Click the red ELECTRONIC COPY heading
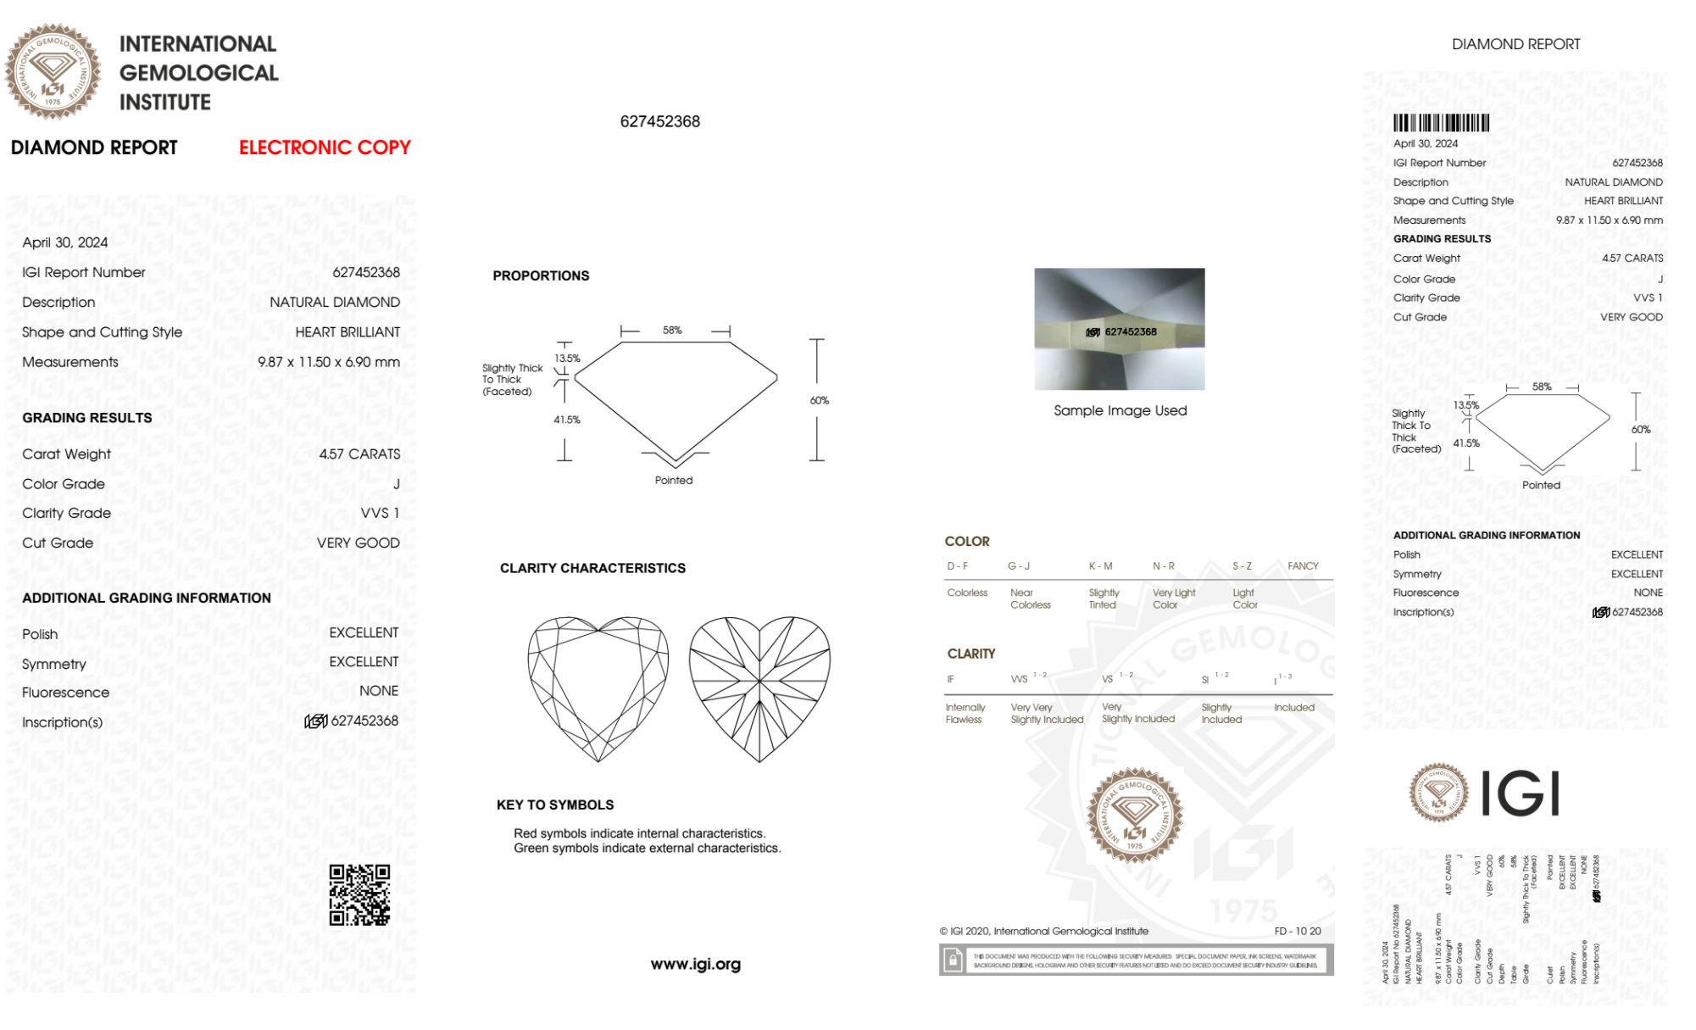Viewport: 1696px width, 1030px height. click(325, 148)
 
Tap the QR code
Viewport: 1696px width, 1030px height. click(359, 895)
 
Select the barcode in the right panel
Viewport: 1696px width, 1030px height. click(1441, 123)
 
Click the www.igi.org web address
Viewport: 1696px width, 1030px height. click(695, 964)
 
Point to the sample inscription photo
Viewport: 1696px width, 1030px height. click(1119, 329)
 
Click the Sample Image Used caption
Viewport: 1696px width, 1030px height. click(1120, 410)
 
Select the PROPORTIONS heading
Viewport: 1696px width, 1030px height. click(541, 276)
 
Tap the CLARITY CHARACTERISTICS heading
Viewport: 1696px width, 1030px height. click(592, 568)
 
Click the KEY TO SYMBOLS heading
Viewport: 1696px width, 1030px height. click(555, 805)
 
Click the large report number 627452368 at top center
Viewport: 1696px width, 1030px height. click(659, 121)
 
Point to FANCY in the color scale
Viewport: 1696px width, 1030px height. click(1303, 565)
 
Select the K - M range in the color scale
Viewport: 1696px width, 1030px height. click(1100, 565)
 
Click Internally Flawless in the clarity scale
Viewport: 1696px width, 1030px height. click(965, 713)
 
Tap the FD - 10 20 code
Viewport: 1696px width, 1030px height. click(1297, 931)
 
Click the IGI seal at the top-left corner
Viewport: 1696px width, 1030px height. click(53, 71)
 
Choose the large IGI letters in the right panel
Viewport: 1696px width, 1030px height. click(1521, 793)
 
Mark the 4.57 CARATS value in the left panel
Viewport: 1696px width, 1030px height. click(359, 454)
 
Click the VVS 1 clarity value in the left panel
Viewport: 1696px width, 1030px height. click(380, 513)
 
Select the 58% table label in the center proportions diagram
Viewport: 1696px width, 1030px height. click(672, 330)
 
